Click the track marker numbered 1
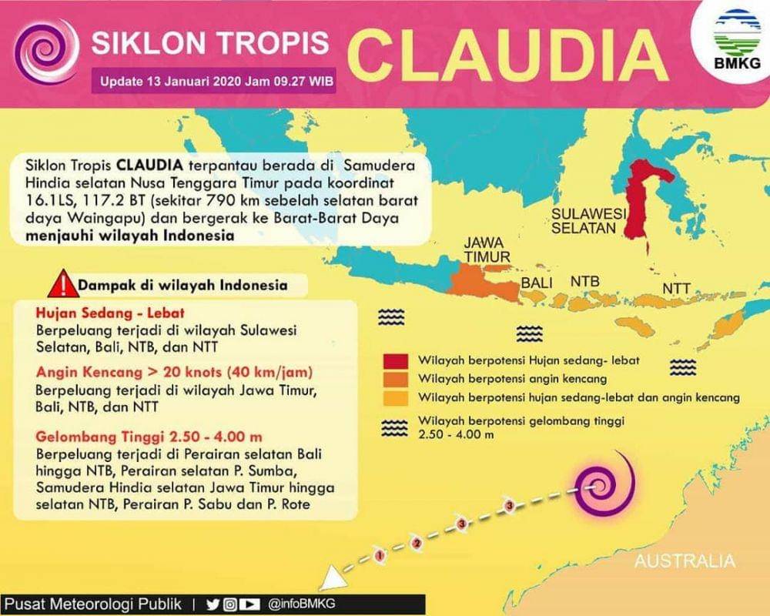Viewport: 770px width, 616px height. click(x=378, y=554)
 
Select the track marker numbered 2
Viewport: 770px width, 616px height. click(x=417, y=544)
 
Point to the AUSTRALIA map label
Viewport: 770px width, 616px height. click(x=685, y=561)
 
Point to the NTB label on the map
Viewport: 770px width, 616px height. click(x=585, y=282)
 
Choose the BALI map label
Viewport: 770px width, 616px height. click(x=537, y=283)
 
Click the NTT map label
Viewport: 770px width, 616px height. click(x=677, y=289)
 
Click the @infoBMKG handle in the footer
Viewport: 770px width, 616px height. click(x=302, y=604)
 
